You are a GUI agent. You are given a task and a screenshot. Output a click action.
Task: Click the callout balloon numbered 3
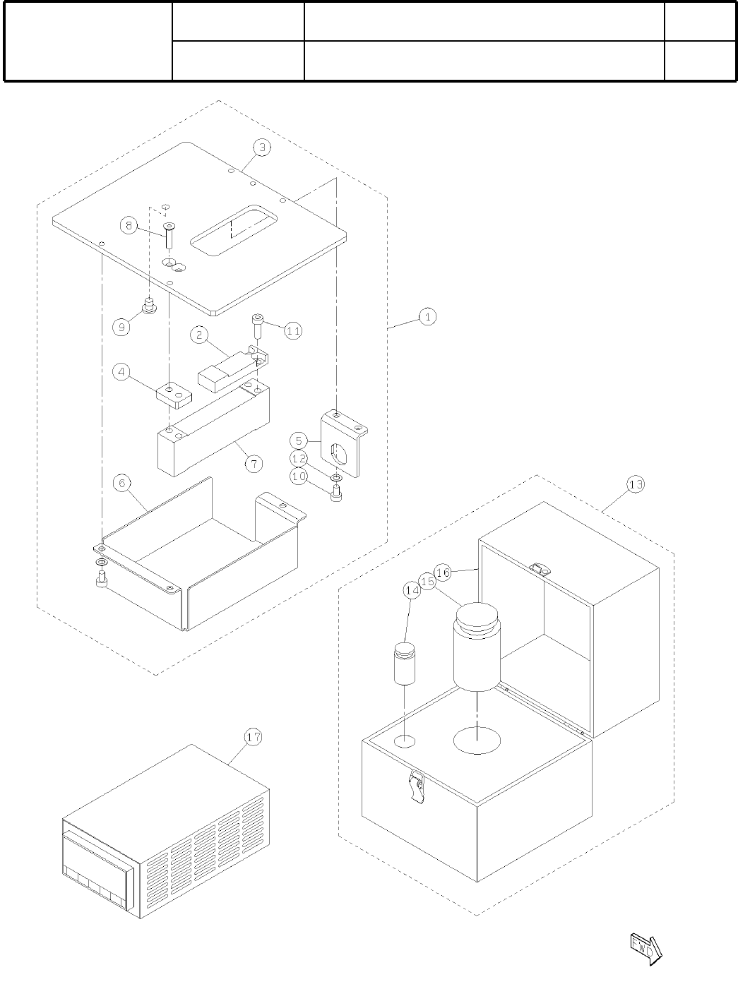262,148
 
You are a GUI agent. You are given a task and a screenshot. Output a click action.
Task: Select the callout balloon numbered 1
427,317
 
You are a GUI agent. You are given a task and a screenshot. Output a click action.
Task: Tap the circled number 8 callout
129,226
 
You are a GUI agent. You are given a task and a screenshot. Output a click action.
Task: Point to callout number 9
122,327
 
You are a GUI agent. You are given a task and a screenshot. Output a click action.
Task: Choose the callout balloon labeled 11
293,330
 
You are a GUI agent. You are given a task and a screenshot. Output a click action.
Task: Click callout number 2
200,335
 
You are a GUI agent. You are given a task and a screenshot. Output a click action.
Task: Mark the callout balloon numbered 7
253,463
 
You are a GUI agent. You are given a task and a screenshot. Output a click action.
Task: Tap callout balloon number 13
636,484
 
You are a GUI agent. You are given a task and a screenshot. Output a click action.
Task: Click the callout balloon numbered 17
253,737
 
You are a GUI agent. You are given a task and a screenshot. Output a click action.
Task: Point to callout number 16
443,573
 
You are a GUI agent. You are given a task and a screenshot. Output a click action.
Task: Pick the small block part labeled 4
174,395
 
